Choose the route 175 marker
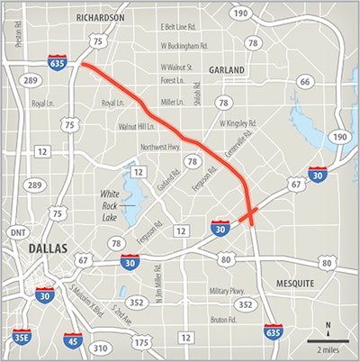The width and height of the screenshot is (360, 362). click(139, 342)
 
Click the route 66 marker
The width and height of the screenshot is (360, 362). click(304, 82)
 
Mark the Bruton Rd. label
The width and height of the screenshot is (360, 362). click(220, 319)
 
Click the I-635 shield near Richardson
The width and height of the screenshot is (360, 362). click(56, 62)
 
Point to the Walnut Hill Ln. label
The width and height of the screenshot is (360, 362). click(138, 128)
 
